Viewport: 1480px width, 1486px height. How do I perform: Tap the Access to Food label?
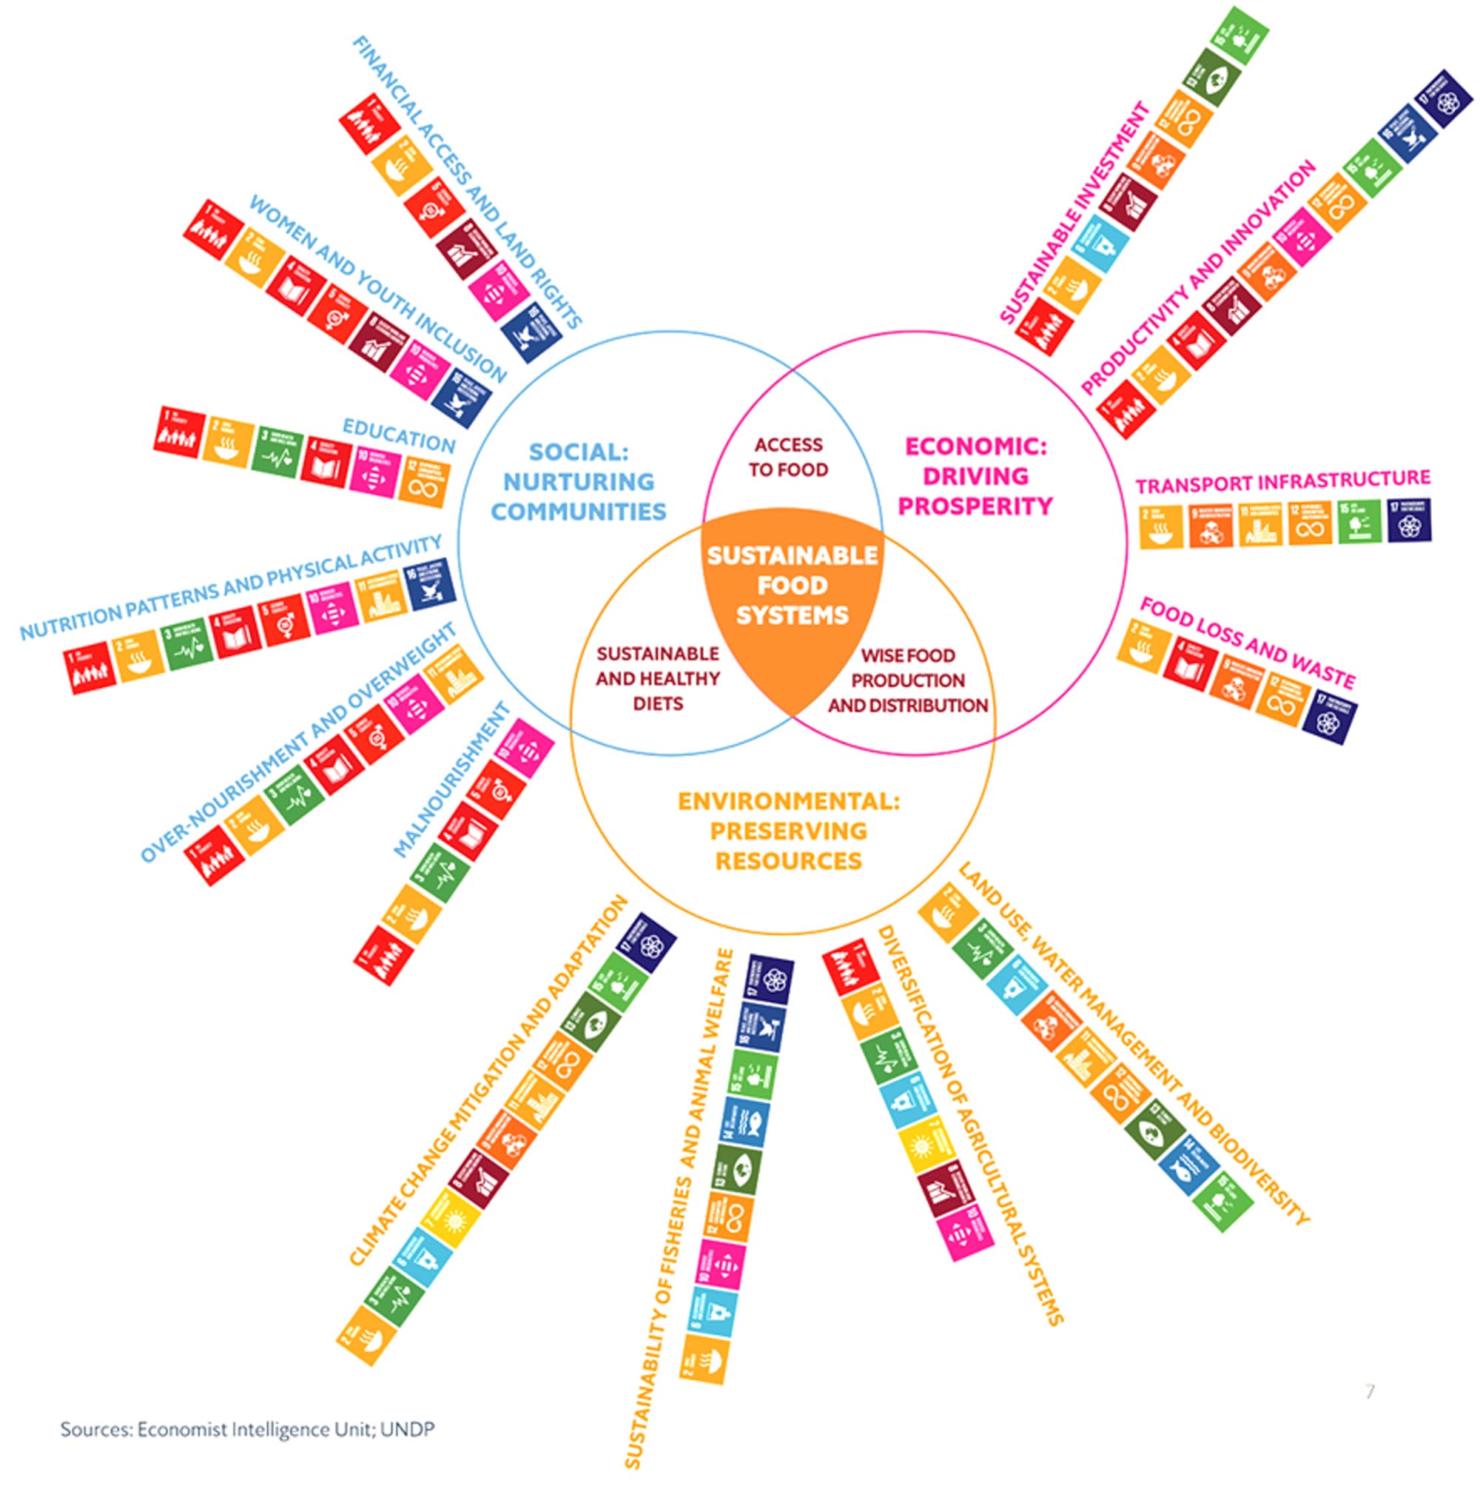tap(788, 457)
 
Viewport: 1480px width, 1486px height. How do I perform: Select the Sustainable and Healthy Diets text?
tap(658, 678)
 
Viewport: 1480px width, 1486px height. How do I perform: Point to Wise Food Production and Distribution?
tap(907, 680)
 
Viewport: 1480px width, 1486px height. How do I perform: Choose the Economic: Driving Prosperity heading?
tap(975, 476)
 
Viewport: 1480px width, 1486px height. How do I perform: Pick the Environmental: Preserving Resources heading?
tap(788, 831)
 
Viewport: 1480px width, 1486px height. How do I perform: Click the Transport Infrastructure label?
tap(1282, 482)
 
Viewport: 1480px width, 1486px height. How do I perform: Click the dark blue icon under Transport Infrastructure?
tap(1409, 520)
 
